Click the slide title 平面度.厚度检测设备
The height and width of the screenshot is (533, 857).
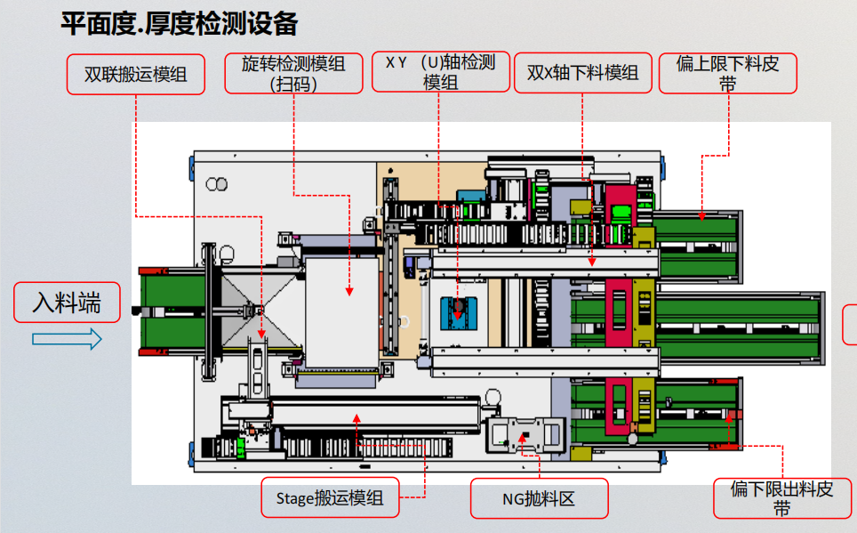tap(179, 24)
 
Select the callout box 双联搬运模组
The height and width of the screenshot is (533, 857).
tap(136, 75)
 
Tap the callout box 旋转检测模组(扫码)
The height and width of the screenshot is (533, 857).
tap(293, 73)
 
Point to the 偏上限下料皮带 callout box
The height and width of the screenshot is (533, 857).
tap(727, 73)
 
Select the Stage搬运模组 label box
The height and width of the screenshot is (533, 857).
tap(330, 497)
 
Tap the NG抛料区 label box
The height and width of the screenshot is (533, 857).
tap(539, 498)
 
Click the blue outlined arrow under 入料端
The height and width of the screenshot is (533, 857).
tap(67, 339)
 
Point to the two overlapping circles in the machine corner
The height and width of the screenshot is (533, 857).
tap(216, 185)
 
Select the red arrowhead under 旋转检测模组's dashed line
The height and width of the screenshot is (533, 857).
tap(349, 291)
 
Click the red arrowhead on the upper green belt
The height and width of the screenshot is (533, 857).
tap(701, 214)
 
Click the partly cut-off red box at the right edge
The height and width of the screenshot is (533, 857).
tap(850, 324)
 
